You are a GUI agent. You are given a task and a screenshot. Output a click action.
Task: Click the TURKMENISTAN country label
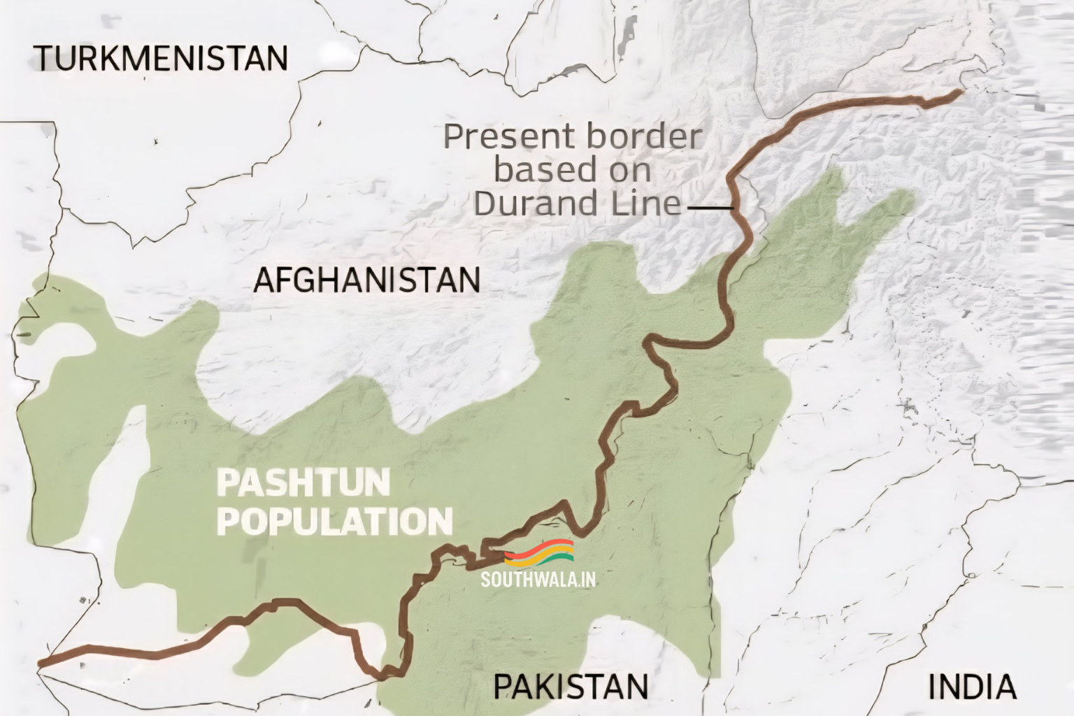tap(162, 58)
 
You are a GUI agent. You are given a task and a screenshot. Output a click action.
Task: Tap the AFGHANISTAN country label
tap(366, 280)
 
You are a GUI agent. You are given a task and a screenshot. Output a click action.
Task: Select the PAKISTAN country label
tap(571, 687)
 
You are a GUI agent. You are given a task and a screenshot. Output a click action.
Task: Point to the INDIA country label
tap(972, 687)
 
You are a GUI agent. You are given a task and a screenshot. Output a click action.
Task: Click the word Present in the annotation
tap(510, 137)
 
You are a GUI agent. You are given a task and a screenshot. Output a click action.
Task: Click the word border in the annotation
tap(643, 137)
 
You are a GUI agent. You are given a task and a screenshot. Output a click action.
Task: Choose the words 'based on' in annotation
tap(573, 171)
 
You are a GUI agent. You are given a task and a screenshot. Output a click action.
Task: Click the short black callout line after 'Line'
tap(710, 207)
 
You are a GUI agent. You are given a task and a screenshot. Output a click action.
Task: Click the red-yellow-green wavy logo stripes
tap(539, 552)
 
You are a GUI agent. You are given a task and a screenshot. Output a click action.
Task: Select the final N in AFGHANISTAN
tap(468, 280)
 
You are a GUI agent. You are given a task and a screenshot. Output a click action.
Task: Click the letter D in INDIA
tap(971, 687)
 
